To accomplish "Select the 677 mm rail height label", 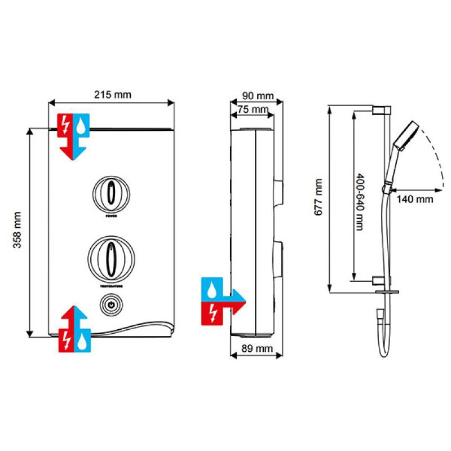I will [319, 201].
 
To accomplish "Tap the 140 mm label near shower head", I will [414, 198].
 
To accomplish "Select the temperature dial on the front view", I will [112, 257].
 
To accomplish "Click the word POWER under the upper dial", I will [112, 215].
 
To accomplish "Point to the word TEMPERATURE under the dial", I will [112, 286].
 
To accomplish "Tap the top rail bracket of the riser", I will [381, 109].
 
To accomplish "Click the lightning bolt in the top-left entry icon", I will [67, 123].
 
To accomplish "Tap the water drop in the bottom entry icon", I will [83, 339].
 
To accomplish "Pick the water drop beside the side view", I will [212, 291].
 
